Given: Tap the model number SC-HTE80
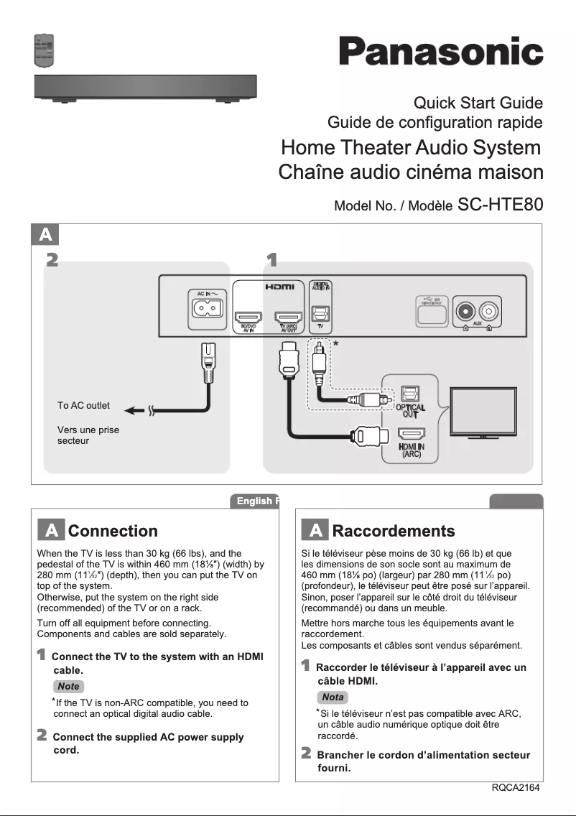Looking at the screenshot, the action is tap(500, 205).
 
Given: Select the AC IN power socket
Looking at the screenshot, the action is tap(207, 309).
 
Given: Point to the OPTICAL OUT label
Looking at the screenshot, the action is tap(410, 411).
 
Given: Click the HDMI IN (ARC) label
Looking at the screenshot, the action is tap(411, 450).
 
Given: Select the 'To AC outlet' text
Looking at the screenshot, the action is tap(83, 406).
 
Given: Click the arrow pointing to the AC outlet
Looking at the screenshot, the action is tap(134, 412).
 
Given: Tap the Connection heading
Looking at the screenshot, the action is tap(113, 532).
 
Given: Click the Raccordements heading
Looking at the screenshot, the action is tap(393, 532).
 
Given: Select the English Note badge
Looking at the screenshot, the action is tap(69, 687).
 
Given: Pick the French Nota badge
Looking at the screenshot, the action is tap(333, 697).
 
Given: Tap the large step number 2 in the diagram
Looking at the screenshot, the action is tap(51, 259).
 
